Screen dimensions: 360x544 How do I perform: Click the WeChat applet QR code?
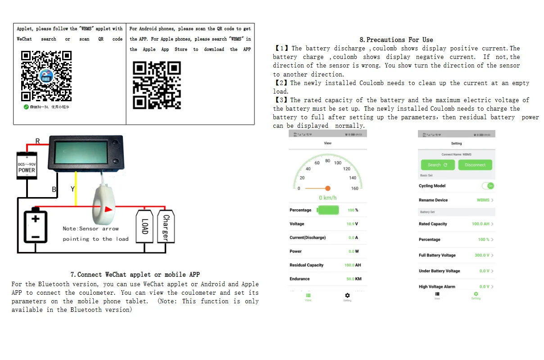tap(46, 76)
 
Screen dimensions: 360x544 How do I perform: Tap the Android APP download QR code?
tap(156, 85)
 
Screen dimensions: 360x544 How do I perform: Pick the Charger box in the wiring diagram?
tap(166, 227)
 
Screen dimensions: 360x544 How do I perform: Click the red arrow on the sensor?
tap(109, 209)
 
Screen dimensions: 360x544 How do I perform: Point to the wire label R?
tap(37, 141)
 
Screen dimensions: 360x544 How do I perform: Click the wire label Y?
tap(73, 189)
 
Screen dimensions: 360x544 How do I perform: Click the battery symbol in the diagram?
tap(36, 227)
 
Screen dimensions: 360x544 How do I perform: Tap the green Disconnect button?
tap(475, 165)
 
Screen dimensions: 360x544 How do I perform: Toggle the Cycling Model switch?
tap(488, 186)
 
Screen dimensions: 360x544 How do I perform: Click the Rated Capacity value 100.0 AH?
tap(481, 224)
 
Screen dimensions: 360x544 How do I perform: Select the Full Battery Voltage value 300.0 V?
tap(481, 255)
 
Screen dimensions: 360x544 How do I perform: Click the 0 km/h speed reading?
tap(328, 198)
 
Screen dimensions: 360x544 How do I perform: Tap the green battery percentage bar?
tap(328, 210)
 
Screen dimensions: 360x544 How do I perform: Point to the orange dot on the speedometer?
tap(328, 188)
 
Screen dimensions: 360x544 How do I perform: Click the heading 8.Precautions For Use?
tap(396, 40)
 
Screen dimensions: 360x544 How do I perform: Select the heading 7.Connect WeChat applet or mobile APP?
tap(135, 274)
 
